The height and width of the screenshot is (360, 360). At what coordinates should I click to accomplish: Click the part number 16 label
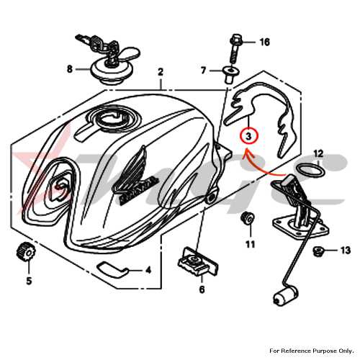point(265,42)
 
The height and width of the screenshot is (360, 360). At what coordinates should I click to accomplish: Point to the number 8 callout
point(69,69)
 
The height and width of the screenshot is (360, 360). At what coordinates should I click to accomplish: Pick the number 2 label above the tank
point(161,72)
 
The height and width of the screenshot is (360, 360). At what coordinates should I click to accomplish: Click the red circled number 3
point(248,136)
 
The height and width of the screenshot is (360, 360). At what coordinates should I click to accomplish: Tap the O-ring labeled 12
point(311,171)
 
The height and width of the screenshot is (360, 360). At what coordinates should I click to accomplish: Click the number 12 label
point(318,154)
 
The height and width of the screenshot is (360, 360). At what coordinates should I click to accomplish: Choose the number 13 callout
point(346,251)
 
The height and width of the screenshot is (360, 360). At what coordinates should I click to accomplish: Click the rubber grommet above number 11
point(247,218)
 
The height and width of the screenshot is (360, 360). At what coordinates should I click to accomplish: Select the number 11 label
point(250,244)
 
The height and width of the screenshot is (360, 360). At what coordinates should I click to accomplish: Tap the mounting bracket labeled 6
point(198,262)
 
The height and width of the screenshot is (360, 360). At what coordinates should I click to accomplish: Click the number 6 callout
point(202,289)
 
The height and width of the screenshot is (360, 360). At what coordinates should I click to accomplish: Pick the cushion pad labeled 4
point(112,270)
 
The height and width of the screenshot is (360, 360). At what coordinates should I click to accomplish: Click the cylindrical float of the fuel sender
point(285,297)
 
